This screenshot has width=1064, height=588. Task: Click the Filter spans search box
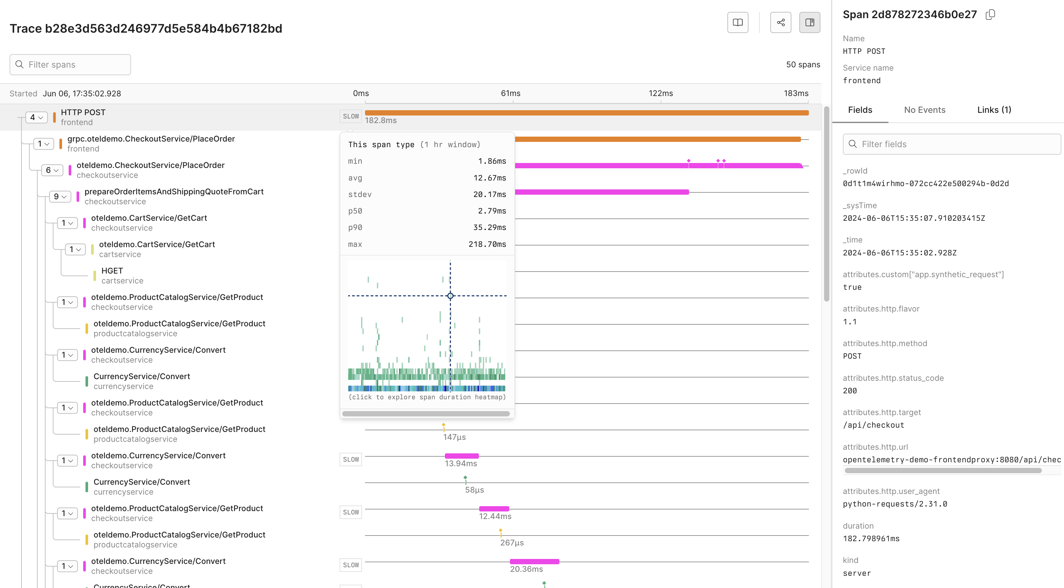[70, 65]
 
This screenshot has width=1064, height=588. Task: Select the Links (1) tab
[994, 110]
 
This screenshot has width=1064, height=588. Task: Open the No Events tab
[924, 110]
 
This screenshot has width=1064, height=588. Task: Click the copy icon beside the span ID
[990, 15]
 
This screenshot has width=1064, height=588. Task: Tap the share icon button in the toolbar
[780, 22]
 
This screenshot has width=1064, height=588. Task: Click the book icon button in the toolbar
[737, 22]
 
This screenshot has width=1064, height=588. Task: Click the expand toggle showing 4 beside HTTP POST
[36, 117]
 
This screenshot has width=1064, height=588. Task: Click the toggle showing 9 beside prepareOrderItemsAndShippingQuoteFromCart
[60, 197]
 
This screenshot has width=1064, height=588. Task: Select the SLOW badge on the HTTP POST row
[351, 116]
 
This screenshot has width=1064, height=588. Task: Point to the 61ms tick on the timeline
[511, 94]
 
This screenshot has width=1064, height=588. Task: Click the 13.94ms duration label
[460, 464]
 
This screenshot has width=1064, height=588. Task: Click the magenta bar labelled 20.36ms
[534, 562]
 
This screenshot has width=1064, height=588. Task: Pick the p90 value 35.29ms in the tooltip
[489, 228]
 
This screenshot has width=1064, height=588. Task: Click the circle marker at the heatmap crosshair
[450, 296]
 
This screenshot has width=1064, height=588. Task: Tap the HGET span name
[112, 271]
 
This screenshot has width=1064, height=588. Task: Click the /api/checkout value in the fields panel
[873, 425]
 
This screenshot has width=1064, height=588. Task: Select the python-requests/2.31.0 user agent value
[895, 504]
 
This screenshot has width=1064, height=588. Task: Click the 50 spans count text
[803, 65]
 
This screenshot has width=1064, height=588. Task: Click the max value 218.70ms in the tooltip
[487, 245]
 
